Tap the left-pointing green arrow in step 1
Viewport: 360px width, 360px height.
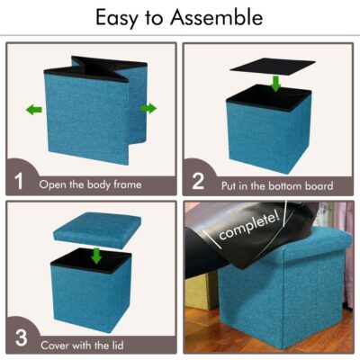click(x=33, y=110)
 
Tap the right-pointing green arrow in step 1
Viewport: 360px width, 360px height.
click(x=148, y=108)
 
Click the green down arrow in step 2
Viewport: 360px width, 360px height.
click(x=275, y=84)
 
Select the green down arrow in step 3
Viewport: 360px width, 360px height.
click(x=96, y=255)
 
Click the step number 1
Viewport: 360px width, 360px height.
click(x=19, y=181)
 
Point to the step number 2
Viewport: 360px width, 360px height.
click(x=198, y=181)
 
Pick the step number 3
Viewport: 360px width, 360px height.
click(x=21, y=337)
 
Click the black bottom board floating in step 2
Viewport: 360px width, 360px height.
click(x=273, y=65)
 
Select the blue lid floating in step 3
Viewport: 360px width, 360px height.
click(x=97, y=230)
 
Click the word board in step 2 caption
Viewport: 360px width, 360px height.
click(x=319, y=185)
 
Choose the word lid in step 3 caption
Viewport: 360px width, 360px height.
click(x=118, y=345)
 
